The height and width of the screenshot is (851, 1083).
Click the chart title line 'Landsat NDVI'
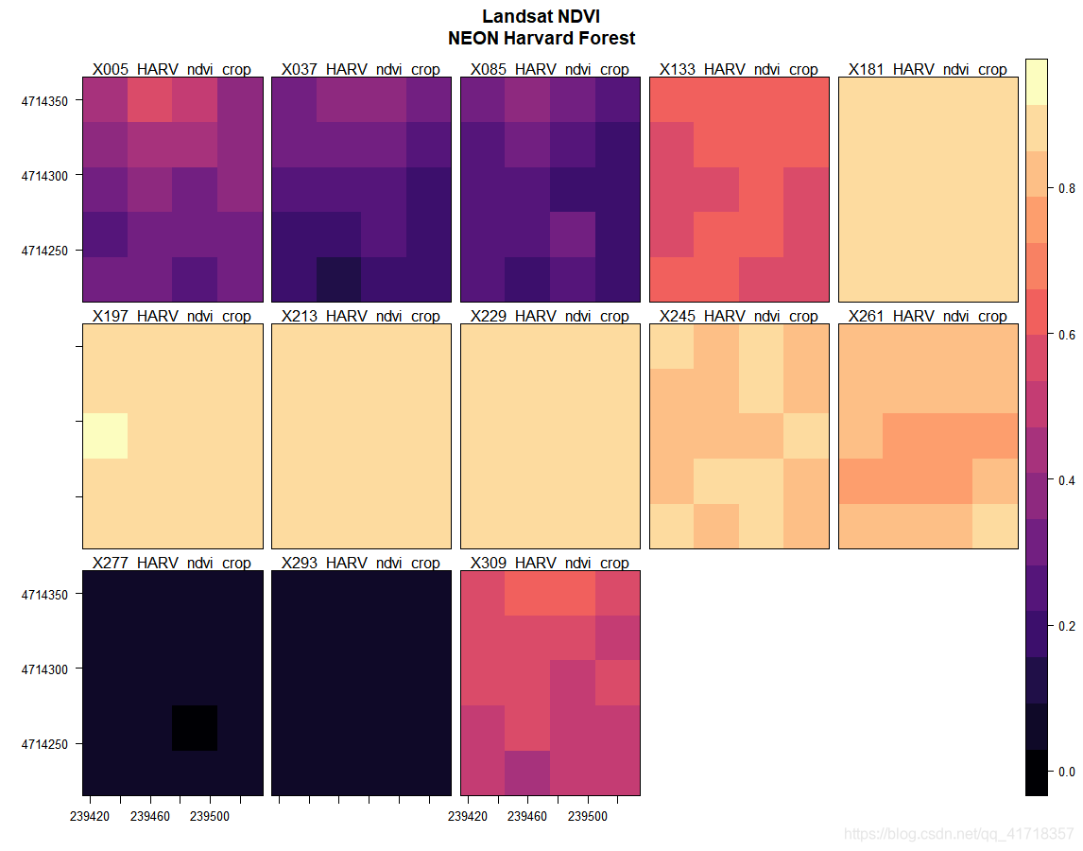(x=541, y=17)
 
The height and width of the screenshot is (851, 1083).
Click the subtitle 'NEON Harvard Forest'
(x=541, y=39)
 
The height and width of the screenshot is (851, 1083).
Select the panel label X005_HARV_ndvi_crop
(x=172, y=69)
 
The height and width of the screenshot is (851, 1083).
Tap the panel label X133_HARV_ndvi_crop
(x=739, y=69)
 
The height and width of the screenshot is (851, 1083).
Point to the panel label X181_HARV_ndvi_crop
(x=928, y=69)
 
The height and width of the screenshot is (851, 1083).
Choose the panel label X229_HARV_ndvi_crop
(x=550, y=316)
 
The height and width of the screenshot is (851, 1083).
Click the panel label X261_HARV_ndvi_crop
(x=928, y=316)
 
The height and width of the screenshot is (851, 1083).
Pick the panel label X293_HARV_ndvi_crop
(x=361, y=563)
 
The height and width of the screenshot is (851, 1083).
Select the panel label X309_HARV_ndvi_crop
(x=550, y=563)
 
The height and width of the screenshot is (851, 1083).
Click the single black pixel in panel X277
(x=195, y=728)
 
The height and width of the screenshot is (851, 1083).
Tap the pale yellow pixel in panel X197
(x=105, y=436)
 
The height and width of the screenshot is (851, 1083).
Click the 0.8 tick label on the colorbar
(x=1066, y=188)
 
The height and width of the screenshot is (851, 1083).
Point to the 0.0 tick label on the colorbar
(x=1066, y=772)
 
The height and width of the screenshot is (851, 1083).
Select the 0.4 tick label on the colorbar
(x=1066, y=480)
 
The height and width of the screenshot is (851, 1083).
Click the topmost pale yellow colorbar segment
(x=1037, y=81)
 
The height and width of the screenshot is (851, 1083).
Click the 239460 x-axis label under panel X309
(x=527, y=816)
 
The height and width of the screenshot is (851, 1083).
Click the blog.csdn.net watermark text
(x=958, y=834)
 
